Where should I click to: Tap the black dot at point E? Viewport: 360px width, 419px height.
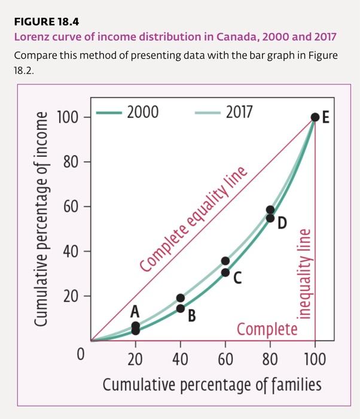pyautogui.click(x=315, y=117)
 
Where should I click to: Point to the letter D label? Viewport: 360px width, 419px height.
pyautogui.click(x=282, y=223)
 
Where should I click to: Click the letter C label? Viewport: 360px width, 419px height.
pyautogui.click(x=237, y=278)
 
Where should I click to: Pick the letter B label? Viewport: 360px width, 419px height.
pyautogui.click(x=191, y=315)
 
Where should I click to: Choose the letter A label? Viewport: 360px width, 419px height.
pyautogui.click(x=135, y=311)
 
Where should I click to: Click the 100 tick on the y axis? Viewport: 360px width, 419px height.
pyautogui.click(x=68, y=117)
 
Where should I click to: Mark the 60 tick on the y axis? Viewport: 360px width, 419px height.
pyautogui.click(x=71, y=207)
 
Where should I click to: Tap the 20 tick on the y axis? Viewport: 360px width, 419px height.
pyautogui.click(x=71, y=296)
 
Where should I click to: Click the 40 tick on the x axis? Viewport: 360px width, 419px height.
pyautogui.click(x=180, y=360)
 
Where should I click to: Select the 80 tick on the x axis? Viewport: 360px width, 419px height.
pyautogui.click(x=270, y=360)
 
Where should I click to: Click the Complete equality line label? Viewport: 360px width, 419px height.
pyautogui.click(x=193, y=221)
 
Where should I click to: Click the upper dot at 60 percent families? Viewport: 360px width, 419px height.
pyautogui.click(x=225, y=261)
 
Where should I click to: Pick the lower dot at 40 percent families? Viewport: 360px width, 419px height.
pyautogui.click(x=181, y=308)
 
